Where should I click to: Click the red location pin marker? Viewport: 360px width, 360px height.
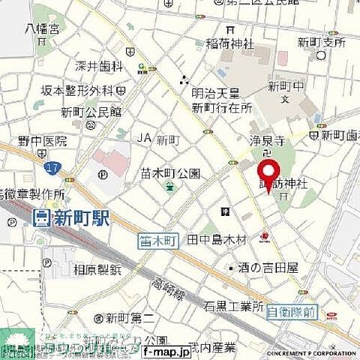click(268, 175)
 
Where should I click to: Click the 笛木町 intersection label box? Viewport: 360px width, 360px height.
click(157, 240)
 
